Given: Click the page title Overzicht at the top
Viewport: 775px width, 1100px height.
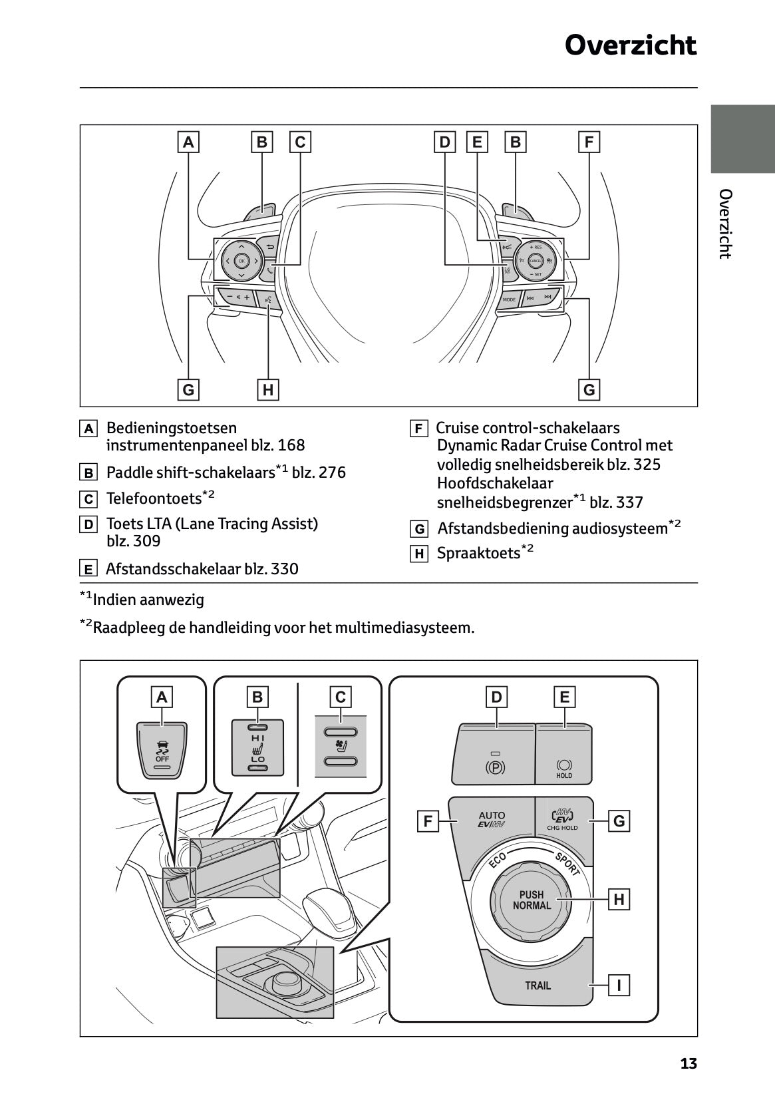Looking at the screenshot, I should [x=630, y=46].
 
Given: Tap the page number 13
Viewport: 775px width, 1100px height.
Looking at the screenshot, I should [x=689, y=1063].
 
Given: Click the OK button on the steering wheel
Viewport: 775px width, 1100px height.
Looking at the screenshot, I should [x=241, y=261].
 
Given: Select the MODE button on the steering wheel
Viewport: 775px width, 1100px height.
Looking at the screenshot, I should [x=509, y=299].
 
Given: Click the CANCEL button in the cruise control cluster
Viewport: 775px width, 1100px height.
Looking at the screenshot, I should [x=535, y=261].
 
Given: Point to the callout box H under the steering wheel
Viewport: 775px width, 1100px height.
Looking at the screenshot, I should [x=267, y=389].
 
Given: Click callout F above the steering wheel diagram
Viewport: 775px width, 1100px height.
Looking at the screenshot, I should [x=589, y=142].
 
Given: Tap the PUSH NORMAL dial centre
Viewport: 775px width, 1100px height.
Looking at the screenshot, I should [x=532, y=900].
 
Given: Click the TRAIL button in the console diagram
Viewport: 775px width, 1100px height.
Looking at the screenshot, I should [x=538, y=986].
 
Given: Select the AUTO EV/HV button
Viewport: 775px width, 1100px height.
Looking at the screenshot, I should [x=492, y=819].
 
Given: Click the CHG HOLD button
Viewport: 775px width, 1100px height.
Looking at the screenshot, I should [x=563, y=819].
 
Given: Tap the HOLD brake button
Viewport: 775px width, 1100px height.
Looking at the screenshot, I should [x=563, y=768].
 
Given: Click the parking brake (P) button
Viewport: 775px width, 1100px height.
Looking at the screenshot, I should [x=496, y=767].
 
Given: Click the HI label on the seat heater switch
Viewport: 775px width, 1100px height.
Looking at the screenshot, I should [x=257, y=739].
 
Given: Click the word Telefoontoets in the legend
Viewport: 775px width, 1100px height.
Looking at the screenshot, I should [x=153, y=498].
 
